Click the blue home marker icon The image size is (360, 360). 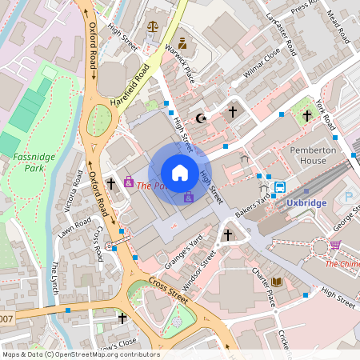coord(180,172)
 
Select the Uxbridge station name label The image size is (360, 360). coord(307,202)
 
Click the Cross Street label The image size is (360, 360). coord(168,289)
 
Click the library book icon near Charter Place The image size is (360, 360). coord(277,282)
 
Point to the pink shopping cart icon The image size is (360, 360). coord(334,245)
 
